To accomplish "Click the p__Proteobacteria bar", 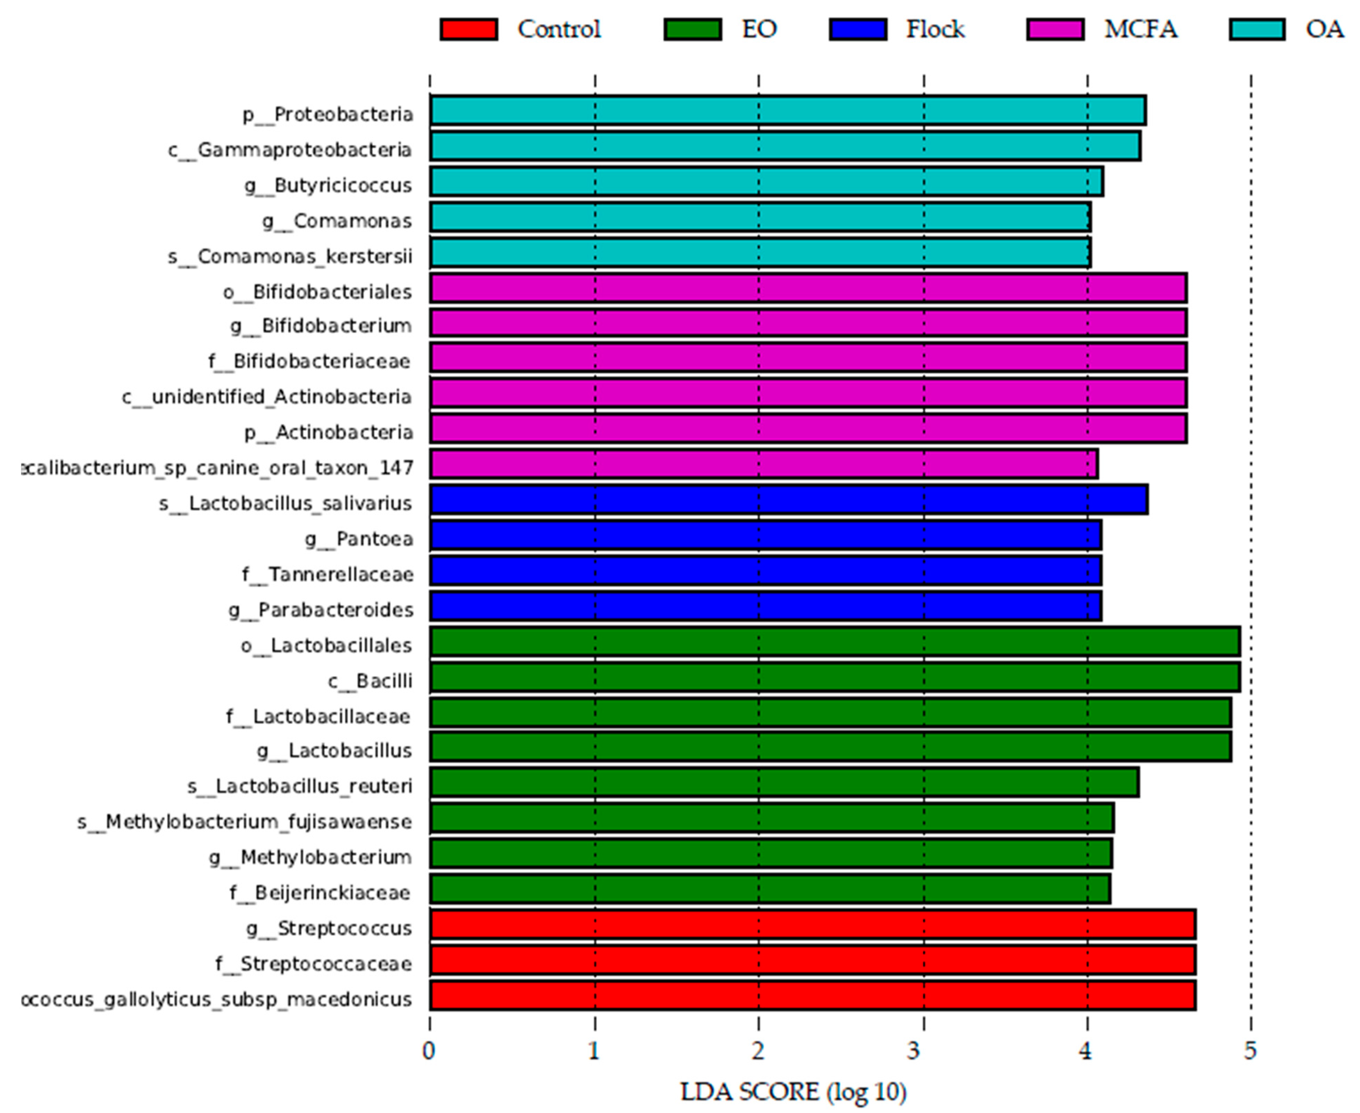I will [x=787, y=111].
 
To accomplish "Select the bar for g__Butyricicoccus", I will [x=766, y=182].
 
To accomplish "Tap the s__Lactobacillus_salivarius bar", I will [x=789, y=500].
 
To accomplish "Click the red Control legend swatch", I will [x=469, y=30].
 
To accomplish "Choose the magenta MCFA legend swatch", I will [x=1055, y=30].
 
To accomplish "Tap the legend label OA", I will [x=1324, y=30].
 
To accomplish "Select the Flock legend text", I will [x=935, y=30].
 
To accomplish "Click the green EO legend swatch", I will [x=693, y=30].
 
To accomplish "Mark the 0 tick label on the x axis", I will [x=429, y=1052].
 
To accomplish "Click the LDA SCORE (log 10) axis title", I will [x=793, y=1092].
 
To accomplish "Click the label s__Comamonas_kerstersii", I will [x=290, y=257].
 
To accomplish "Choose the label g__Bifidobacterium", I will [x=321, y=326].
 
